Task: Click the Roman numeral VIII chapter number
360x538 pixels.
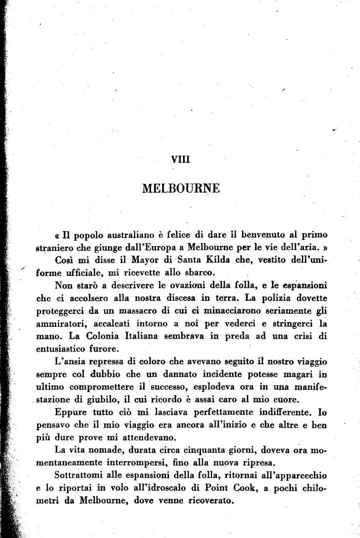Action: click(181, 159)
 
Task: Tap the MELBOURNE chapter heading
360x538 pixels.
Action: click(180, 188)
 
